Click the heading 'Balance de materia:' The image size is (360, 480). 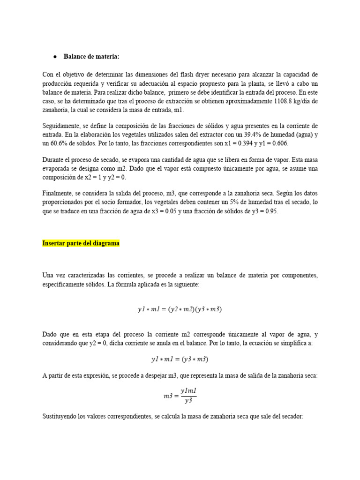coord(91,57)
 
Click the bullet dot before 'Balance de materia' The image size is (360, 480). coord(55,57)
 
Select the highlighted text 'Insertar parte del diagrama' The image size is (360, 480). coord(81,243)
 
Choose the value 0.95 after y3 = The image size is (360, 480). coord(270,212)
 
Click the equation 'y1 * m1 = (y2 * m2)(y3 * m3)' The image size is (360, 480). coord(180,309)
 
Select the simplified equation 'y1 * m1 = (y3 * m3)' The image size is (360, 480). coord(180,359)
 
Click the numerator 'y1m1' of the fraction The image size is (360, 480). coord(187,391)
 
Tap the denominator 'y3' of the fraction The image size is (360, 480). coord(187,401)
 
